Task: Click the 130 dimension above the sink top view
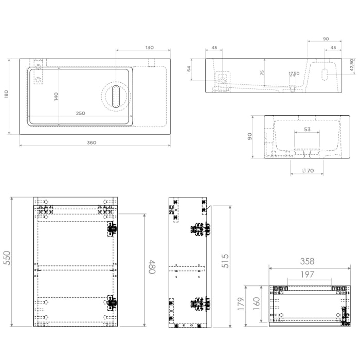tap(149, 47)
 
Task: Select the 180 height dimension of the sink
tap(6, 95)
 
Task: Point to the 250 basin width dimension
tap(81, 113)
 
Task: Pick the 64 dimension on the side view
tap(189, 68)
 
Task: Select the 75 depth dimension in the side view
tap(262, 73)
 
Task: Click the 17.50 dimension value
tap(294, 74)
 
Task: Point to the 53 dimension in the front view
tap(307, 129)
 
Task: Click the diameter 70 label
tap(307, 170)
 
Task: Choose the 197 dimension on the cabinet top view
tap(307, 275)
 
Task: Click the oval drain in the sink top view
tap(117, 97)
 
